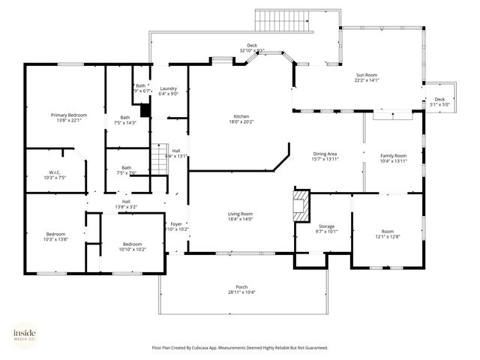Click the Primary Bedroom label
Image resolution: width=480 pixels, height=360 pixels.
click(69, 115)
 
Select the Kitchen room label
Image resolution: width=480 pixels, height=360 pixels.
click(241, 116)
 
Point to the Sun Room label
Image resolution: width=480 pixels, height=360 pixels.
click(367, 75)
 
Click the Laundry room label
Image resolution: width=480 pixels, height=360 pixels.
click(169, 88)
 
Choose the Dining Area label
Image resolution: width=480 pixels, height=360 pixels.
click(325, 154)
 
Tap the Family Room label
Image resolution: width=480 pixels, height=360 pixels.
click(393, 154)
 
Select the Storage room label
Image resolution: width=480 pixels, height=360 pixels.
click(326, 226)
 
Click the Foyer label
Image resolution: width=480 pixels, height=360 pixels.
click(176, 223)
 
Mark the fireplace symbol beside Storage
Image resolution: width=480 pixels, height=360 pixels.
click(301, 205)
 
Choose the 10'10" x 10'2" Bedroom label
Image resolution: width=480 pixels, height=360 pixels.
click(133, 244)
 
